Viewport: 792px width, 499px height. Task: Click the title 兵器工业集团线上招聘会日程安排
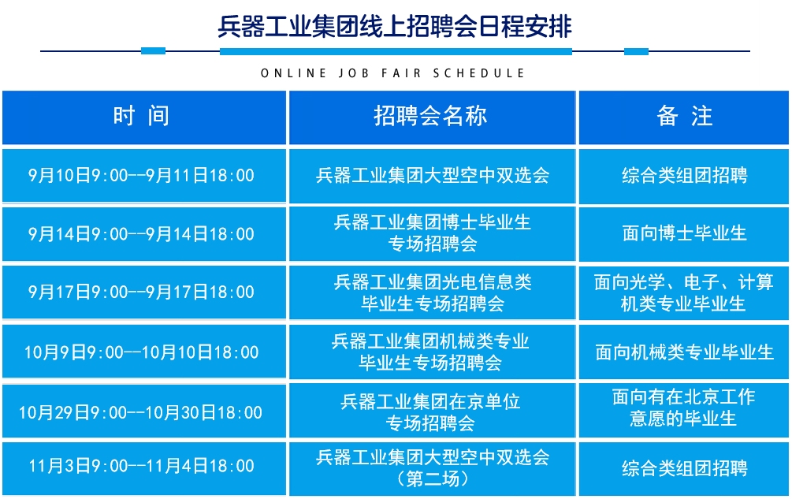point(395,26)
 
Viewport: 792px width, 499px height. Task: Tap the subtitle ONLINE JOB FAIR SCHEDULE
point(393,73)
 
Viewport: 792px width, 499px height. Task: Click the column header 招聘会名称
point(431,117)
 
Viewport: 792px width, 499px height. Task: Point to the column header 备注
point(684,117)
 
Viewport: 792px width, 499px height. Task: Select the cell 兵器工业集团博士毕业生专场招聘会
point(433,234)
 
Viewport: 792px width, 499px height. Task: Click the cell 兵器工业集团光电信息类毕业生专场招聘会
point(433,292)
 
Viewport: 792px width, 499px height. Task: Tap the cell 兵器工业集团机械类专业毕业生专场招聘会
point(431,352)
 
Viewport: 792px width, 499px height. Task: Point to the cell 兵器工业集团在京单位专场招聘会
point(431,412)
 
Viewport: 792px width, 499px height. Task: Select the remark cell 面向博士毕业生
point(684,234)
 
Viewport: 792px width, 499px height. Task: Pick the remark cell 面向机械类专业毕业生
point(684,352)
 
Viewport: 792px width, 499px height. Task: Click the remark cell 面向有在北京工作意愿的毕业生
point(684,408)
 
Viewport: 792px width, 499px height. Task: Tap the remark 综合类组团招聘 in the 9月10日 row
point(684,175)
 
